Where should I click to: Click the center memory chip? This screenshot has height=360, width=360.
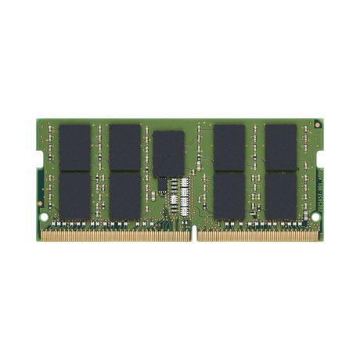point(168,153)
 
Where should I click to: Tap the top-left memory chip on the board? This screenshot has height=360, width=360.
point(75,147)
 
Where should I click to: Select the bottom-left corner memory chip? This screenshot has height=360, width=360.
point(75,194)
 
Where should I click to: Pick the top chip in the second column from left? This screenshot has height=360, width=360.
point(124,147)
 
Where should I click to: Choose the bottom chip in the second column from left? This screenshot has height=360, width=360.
point(124,194)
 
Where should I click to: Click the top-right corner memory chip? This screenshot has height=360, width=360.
point(281,147)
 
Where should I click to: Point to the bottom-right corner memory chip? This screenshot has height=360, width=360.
point(281,194)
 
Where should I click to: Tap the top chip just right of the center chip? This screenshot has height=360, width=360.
point(230,147)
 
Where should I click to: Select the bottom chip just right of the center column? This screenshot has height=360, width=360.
point(230,194)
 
